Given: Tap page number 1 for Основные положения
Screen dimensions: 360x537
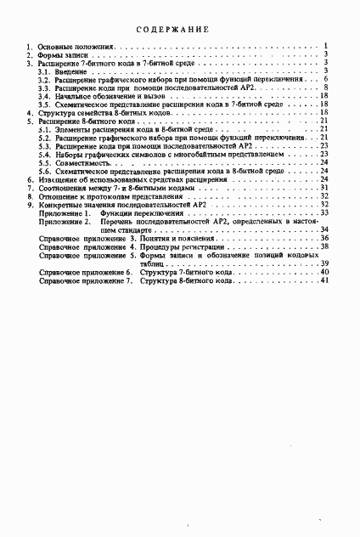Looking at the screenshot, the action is click(x=326, y=45).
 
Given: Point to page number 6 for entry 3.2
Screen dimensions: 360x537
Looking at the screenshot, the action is click(x=326, y=79).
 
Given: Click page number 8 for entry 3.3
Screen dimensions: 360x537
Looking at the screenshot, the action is click(x=326, y=88).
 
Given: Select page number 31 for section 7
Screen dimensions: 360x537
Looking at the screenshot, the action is click(x=324, y=187).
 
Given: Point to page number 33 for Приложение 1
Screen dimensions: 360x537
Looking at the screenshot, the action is click(x=324, y=212).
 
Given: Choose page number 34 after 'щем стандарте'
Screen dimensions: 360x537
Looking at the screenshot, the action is click(x=324, y=229).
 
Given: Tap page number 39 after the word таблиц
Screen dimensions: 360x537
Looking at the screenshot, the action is click(x=324, y=263).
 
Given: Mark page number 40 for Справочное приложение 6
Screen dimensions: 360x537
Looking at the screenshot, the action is click(x=324, y=272).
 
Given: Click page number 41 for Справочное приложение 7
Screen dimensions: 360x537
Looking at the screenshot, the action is click(x=324, y=280).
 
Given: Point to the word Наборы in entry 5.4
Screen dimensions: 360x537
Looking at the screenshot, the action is click(x=65, y=154).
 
